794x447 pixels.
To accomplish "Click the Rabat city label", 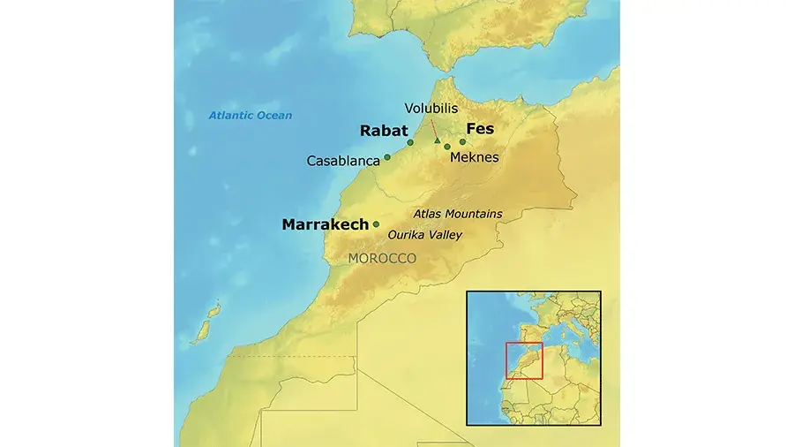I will (384, 131).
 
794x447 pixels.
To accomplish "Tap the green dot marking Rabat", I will (410, 142).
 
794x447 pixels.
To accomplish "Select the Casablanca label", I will (343, 161).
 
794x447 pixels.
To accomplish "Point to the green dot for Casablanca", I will (387, 157).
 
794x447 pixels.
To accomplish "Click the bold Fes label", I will (479, 129).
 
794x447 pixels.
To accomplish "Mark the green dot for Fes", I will (462, 141).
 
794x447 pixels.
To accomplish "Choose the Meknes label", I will (474, 157).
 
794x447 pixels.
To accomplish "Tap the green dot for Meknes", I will (447, 147).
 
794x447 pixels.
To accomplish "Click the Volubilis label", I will (431, 109).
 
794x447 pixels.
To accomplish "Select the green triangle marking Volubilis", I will (437, 140).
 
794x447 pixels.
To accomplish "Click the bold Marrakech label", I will (325, 224).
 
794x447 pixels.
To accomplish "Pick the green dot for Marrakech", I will (377, 223).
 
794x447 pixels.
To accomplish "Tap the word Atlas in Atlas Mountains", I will (428, 214).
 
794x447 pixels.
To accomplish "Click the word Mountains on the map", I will (474, 214).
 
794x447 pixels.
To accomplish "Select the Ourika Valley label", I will (424, 235).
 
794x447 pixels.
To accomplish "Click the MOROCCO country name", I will (382, 258).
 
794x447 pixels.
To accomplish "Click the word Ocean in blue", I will (274, 116).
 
